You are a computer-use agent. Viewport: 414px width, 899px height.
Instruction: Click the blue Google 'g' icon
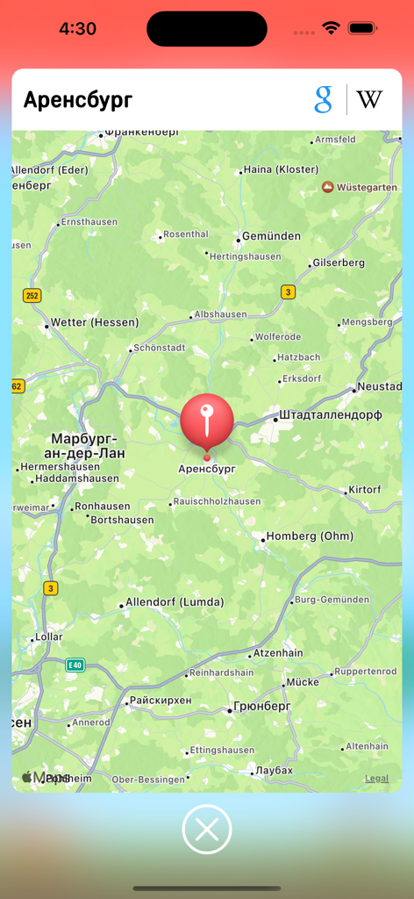(x=324, y=99)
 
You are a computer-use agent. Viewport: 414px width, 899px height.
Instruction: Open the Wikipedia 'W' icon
(x=369, y=99)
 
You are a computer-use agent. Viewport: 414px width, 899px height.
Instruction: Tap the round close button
(x=207, y=829)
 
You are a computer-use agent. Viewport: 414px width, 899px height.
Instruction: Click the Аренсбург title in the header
(x=78, y=100)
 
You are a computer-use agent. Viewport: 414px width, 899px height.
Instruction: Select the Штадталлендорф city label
(x=330, y=415)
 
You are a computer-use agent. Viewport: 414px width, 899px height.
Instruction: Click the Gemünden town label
(x=271, y=236)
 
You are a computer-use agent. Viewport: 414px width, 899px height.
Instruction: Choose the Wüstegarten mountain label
(x=367, y=187)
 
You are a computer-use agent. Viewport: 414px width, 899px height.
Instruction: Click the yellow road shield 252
(x=32, y=296)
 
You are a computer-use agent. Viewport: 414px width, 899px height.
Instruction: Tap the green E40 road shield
(x=75, y=665)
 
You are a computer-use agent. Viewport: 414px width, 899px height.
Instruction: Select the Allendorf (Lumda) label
(x=175, y=602)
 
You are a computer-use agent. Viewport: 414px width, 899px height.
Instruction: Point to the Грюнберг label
(x=263, y=706)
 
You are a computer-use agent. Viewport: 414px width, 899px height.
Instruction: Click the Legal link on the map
(x=377, y=779)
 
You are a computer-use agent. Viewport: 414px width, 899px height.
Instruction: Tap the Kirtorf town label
(x=365, y=489)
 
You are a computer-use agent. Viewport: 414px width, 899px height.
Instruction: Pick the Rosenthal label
(x=185, y=234)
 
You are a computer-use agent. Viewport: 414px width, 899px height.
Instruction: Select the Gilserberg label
(x=339, y=263)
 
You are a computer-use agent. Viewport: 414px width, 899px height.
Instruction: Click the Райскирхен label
(x=160, y=701)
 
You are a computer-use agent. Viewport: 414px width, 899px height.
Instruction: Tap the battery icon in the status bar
(x=361, y=28)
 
